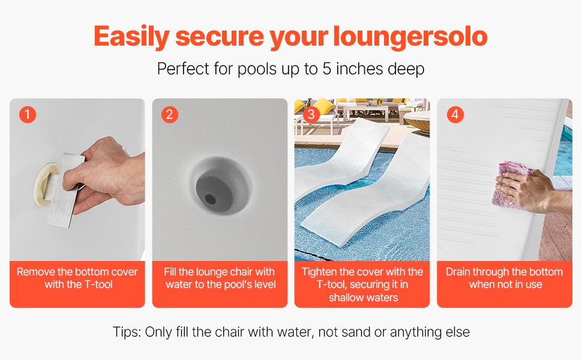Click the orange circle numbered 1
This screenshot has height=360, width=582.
[x=28, y=115]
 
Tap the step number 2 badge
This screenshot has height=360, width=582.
[x=170, y=115]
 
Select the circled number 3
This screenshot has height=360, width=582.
[x=311, y=115]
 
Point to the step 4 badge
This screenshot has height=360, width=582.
[x=455, y=115]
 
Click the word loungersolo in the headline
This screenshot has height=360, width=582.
[x=410, y=37]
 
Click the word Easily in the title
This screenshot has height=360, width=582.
[x=131, y=37]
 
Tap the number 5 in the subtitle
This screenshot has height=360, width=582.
[x=326, y=69]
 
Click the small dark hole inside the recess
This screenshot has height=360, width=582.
[x=211, y=199]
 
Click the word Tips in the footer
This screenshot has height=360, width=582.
[x=127, y=332]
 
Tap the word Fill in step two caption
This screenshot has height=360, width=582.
[x=170, y=272]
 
